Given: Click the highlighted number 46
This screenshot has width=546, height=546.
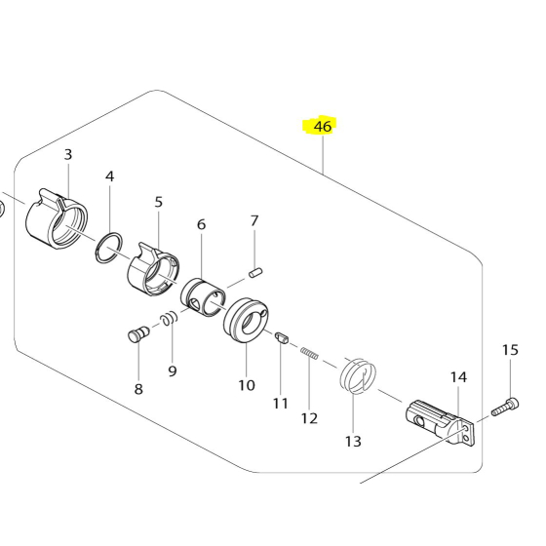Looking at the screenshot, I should point(322,127).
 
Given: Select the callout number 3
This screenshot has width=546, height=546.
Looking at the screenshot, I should point(68,155).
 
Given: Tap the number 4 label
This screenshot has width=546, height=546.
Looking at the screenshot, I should point(109,176).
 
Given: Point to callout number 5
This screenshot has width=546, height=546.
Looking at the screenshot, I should point(159,202).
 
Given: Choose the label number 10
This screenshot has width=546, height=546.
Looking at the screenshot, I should point(246,384).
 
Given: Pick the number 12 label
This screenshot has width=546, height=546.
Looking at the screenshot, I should point(309,418).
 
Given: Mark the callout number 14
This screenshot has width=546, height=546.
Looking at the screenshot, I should point(458,376).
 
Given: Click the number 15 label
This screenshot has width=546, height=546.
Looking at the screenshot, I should point(511,350).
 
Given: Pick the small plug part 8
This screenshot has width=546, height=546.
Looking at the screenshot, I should point(136,334).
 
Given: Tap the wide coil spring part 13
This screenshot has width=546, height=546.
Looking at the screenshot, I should point(357,375).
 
